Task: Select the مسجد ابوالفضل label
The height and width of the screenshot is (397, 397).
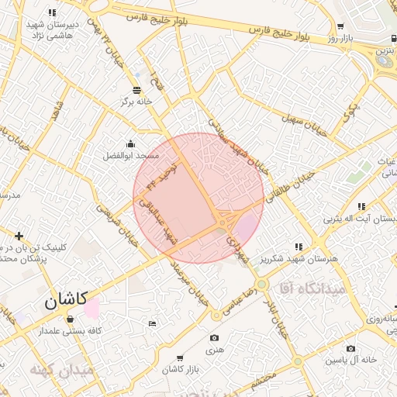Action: [131, 155]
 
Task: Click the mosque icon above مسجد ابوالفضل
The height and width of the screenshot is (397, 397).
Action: [130, 143]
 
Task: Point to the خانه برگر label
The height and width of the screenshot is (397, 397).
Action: [136, 102]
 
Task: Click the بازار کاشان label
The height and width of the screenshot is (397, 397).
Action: [181, 370]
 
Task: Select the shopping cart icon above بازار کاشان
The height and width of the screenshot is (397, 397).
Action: [180, 358]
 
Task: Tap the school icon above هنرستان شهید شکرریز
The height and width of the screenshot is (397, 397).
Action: [299, 246]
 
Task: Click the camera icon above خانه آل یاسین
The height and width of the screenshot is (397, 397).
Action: [351, 349]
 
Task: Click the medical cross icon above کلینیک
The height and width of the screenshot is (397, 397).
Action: [19, 235]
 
